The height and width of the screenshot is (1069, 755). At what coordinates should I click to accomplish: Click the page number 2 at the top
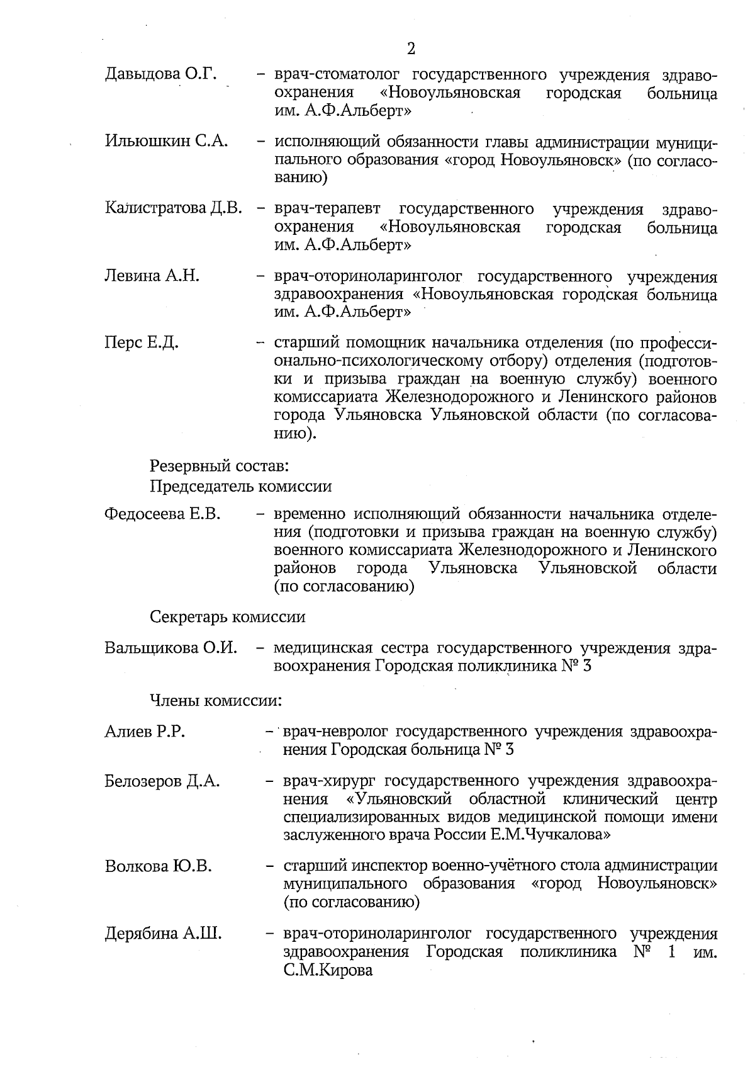pos(411,49)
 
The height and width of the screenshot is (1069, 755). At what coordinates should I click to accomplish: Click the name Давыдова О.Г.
pos(161,75)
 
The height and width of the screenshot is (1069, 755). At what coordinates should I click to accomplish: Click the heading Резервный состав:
pos(219,467)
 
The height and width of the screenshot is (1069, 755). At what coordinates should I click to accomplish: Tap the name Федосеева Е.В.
pos(162,514)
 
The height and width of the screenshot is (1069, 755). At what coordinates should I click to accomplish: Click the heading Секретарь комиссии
pos(228,616)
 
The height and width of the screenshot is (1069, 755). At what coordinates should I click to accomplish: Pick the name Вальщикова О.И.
pos(171,648)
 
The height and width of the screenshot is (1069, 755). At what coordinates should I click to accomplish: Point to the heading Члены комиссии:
pos(215,699)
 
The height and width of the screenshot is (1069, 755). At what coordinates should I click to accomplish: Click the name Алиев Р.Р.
pos(145,732)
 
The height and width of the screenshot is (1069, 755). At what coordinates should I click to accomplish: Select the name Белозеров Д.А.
pos(162,781)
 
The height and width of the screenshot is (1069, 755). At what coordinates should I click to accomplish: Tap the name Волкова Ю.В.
pos(158,866)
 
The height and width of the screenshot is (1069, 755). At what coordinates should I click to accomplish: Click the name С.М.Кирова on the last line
pos(328,970)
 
